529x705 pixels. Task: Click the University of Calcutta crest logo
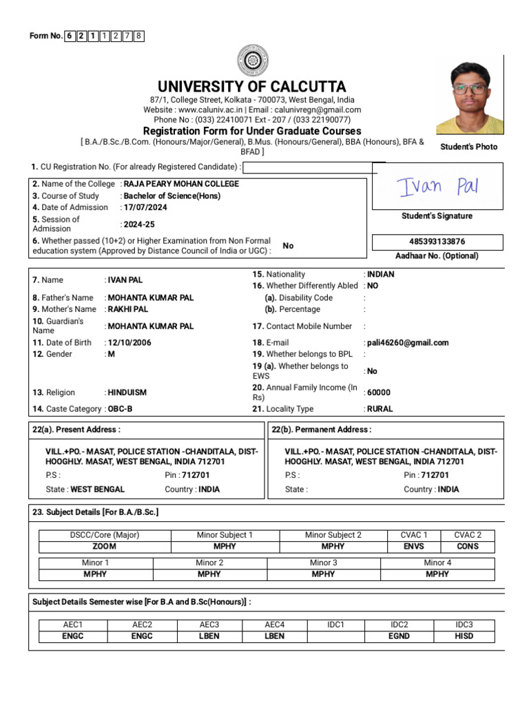(251, 60)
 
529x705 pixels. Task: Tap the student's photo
(470, 98)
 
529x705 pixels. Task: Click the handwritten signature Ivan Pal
(437, 186)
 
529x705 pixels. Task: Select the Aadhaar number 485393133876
(437, 242)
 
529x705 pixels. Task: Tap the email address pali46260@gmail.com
(408, 343)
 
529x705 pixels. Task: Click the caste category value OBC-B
(121, 409)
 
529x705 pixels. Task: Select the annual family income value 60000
(379, 392)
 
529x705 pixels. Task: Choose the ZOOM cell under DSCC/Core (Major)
(104, 547)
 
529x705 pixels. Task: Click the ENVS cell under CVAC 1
(415, 547)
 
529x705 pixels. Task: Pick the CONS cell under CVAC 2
(468, 547)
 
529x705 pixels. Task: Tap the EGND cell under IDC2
(400, 636)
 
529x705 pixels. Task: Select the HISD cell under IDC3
(464, 636)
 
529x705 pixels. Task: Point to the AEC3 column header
(209, 624)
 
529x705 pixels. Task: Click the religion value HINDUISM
(127, 392)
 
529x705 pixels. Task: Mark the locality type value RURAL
(380, 409)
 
